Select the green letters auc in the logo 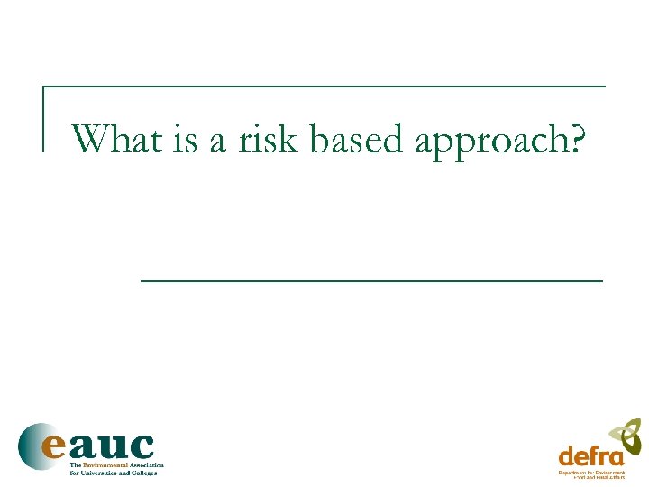114,446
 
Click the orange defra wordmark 591,455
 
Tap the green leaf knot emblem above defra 625,435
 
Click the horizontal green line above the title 324,87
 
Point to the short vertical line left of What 44,118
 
